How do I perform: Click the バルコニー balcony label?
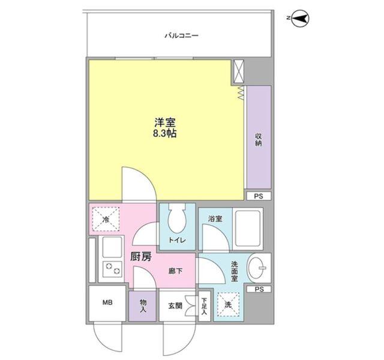pyautogui.click(x=181, y=36)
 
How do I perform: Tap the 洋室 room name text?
pyautogui.click(x=165, y=122)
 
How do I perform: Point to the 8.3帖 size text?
pyautogui.click(x=165, y=134)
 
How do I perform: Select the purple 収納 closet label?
pyautogui.click(x=259, y=140)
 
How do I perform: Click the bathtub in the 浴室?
pyautogui.click(x=248, y=228)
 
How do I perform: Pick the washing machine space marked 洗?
pyautogui.click(x=228, y=305)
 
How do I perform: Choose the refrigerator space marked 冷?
pyautogui.click(x=106, y=219)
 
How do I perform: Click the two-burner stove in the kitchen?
pyautogui.click(x=112, y=268)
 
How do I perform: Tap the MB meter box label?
pyautogui.click(x=107, y=302)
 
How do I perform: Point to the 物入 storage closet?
pyautogui.click(x=143, y=306)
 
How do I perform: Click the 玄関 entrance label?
pyautogui.click(x=175, y=305)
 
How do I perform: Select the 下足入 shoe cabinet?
pyautogui.click(x=205, y=306)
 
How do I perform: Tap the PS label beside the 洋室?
pyautogui.click(x=259, y=196)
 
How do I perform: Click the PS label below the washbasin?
pyautogui.click(x=259, y=289)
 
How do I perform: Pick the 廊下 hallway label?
pyautogui.click(x=176, y=271)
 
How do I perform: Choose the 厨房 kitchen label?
pyautogui.click(x=141, y=257)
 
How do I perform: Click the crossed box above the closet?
pyautogui.click(x=239, y=71)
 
